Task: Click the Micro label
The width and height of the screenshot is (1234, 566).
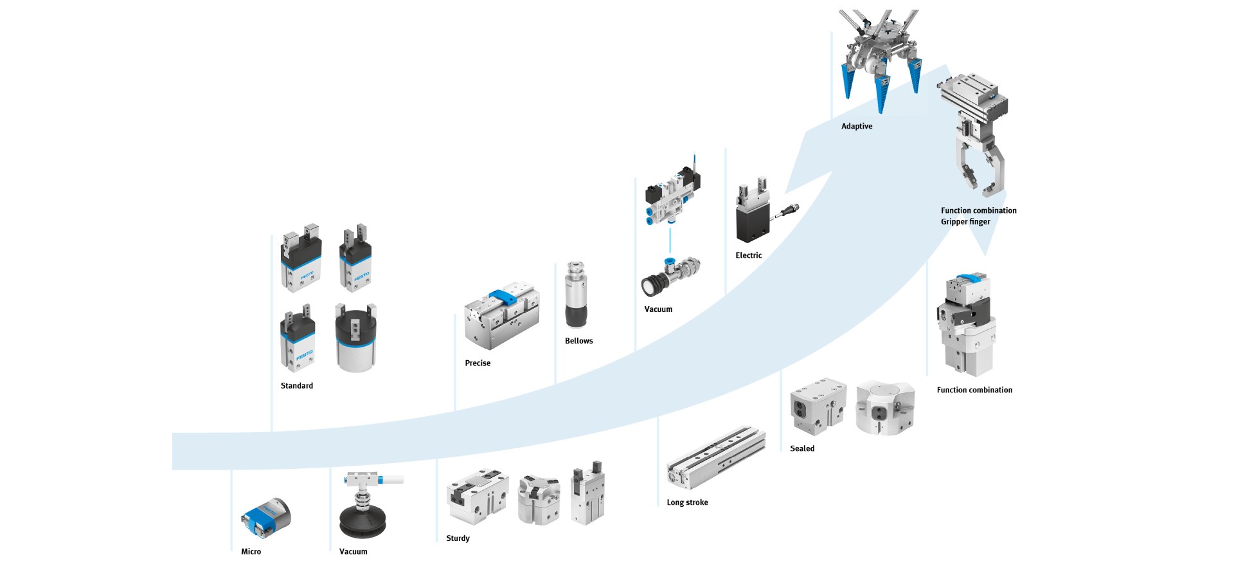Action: [x=251, y=551]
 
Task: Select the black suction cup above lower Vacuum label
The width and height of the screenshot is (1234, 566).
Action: [x=362, y=520]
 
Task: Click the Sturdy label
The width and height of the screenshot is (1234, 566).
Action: [x=458, y=538]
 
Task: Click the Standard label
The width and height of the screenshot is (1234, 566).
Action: [x=296, y=386]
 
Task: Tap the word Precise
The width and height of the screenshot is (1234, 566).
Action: [x=478, y=363]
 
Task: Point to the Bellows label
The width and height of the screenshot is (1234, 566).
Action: [x=578, y=341]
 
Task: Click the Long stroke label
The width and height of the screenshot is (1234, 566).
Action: [x=687, y=502]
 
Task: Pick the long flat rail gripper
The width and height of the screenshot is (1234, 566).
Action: [x=716, y=457]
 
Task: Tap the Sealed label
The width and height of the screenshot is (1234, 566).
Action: [x=801, y=448]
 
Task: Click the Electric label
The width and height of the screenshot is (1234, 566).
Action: [x=748, y=255]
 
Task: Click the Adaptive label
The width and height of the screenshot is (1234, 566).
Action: [x=857, y=126]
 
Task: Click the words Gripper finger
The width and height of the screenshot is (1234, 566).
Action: [x=965, y=222]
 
